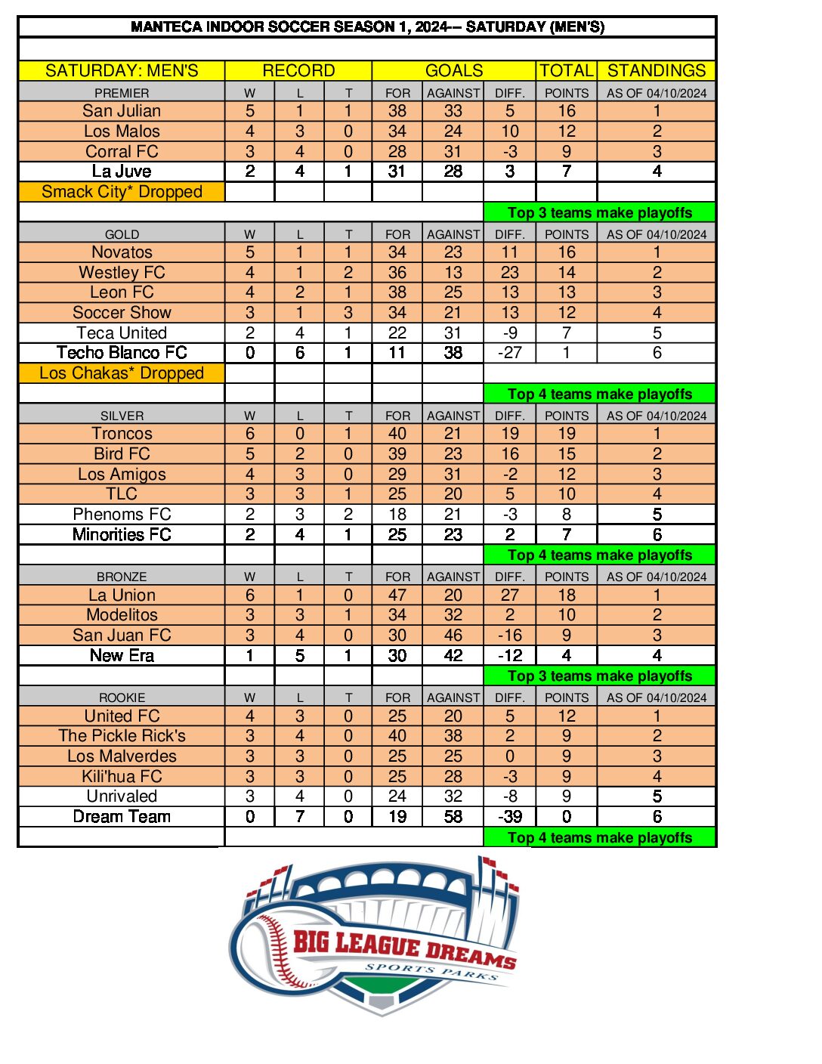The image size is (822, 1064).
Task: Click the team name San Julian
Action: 122,111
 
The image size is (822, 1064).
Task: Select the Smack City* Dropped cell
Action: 122,192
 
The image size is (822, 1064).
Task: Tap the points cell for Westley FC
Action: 567,273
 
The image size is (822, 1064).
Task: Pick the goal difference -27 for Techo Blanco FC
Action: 510,353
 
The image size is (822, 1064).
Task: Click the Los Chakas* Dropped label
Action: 122,373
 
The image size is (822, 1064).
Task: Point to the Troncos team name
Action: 122,434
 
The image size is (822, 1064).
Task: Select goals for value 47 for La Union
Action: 397,595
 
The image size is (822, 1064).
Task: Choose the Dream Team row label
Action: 122,817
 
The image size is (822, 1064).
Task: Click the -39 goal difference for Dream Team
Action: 510,817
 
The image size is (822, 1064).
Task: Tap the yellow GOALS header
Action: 454,71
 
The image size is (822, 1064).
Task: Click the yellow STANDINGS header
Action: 657,71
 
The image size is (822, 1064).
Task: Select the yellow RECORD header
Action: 298,71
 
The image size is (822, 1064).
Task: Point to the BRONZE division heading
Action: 122,577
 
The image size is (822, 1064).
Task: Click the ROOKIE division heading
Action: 122,697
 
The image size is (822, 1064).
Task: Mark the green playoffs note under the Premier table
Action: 600,213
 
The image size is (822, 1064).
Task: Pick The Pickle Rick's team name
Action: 122,736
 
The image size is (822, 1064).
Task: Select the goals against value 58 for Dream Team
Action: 453,817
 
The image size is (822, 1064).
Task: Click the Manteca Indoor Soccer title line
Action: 367,27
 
